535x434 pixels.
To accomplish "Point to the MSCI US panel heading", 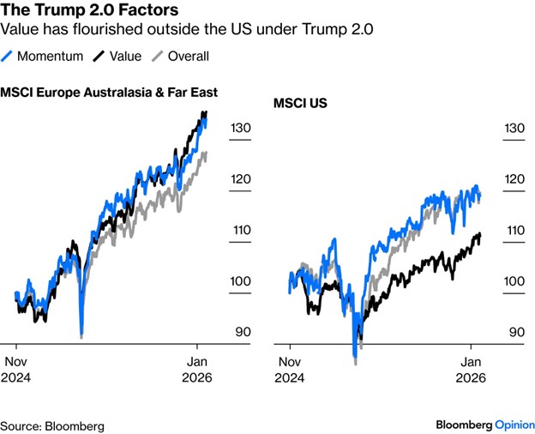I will pos(301,104).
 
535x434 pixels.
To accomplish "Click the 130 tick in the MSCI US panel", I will pos(513,128).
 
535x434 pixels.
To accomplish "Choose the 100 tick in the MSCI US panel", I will pos(513,281).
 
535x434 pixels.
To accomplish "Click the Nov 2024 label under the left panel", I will pos(19,368).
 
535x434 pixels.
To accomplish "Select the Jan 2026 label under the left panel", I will pos(198,368).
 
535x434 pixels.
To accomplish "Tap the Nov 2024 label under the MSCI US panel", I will pos(292,368).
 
